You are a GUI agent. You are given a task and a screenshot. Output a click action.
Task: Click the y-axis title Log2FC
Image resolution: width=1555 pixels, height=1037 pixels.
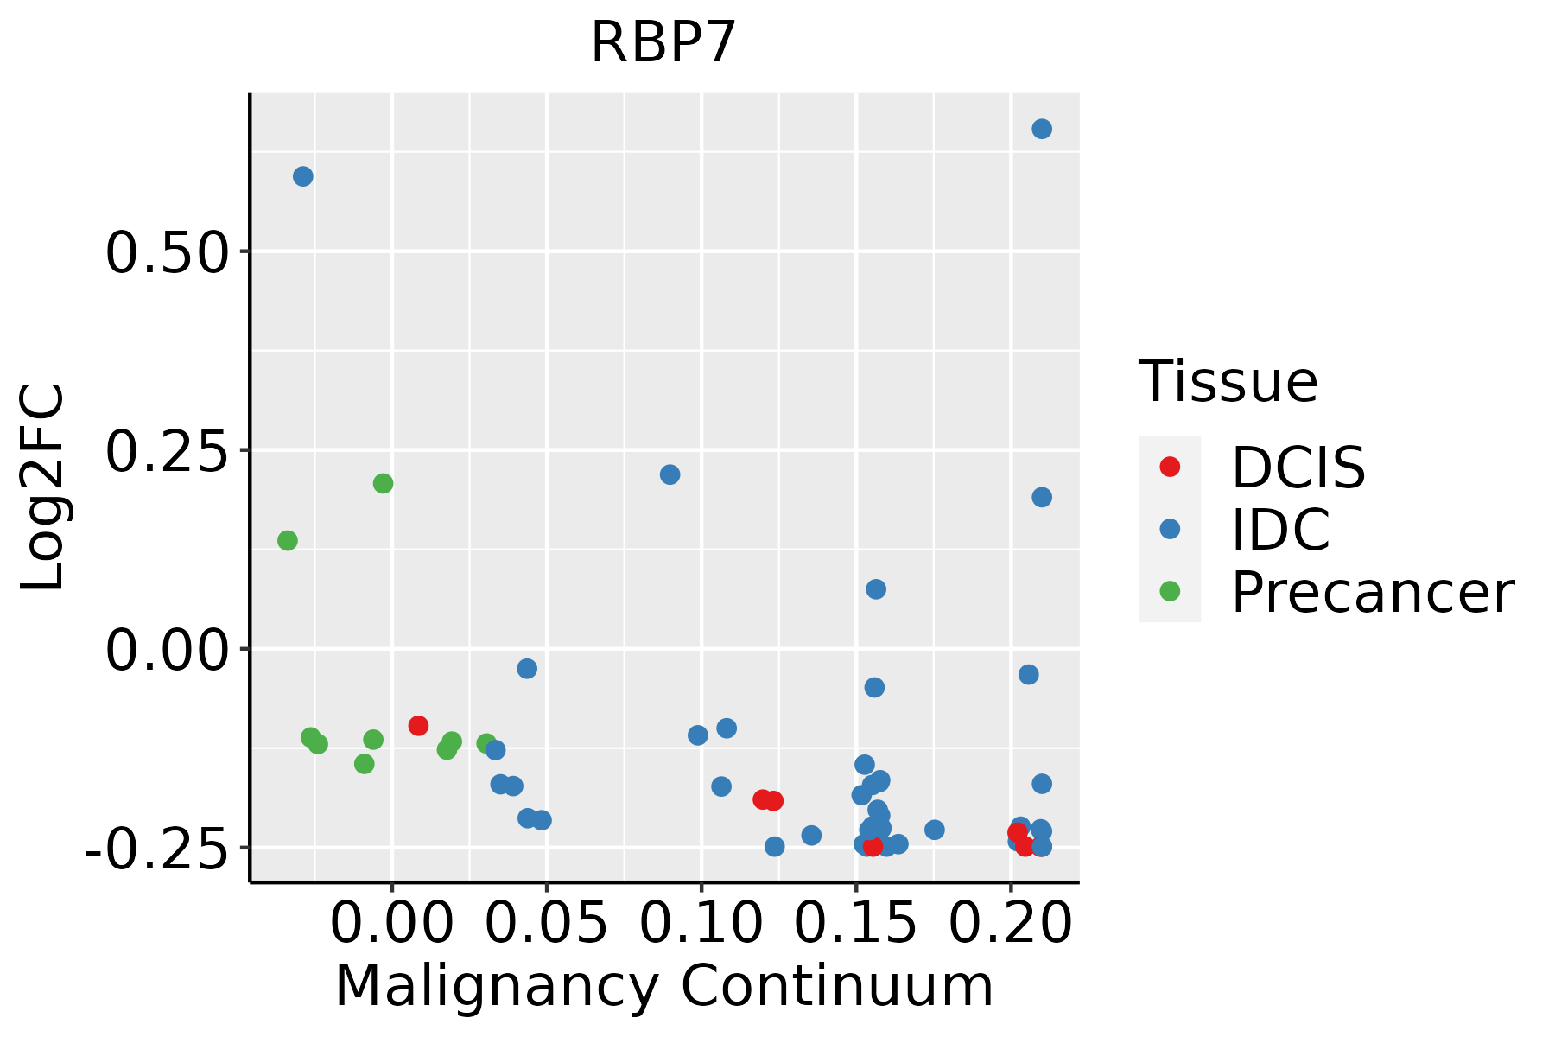(43, 487)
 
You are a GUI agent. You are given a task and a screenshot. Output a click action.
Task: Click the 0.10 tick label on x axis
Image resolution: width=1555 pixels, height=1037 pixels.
(701, 923)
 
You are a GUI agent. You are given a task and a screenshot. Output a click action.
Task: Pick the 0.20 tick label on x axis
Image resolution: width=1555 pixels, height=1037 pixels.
(1010, 923)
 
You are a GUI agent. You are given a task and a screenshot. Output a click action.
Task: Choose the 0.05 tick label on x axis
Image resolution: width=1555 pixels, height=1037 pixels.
(546, 923)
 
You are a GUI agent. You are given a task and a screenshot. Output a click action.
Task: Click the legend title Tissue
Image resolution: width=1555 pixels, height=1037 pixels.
(1228, 381)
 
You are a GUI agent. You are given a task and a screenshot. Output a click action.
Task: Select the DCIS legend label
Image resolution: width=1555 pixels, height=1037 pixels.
(1298, 468)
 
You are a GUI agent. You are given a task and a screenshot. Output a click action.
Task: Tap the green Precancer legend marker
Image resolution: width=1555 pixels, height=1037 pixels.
(1170, 591)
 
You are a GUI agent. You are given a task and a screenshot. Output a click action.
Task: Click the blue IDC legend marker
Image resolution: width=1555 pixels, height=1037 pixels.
(1170, 529)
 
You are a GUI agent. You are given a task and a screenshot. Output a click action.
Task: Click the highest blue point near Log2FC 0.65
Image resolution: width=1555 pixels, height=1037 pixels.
(1042, 129)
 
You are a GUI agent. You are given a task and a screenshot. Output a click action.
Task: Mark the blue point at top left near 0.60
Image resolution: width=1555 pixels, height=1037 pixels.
(303, 176)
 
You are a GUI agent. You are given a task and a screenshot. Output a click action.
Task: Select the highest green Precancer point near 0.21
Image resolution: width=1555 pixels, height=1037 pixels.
(383, 483)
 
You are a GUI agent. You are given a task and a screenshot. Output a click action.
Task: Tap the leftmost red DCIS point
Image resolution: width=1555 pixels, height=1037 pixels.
(418, 725)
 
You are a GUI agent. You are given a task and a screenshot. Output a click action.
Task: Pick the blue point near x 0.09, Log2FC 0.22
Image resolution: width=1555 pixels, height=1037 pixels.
(670, 474)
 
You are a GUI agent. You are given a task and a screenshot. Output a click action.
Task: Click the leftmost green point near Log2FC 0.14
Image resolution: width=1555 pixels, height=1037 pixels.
(288, 540)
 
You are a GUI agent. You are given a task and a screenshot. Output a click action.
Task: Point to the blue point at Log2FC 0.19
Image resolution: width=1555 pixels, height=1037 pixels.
(1042, 497)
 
